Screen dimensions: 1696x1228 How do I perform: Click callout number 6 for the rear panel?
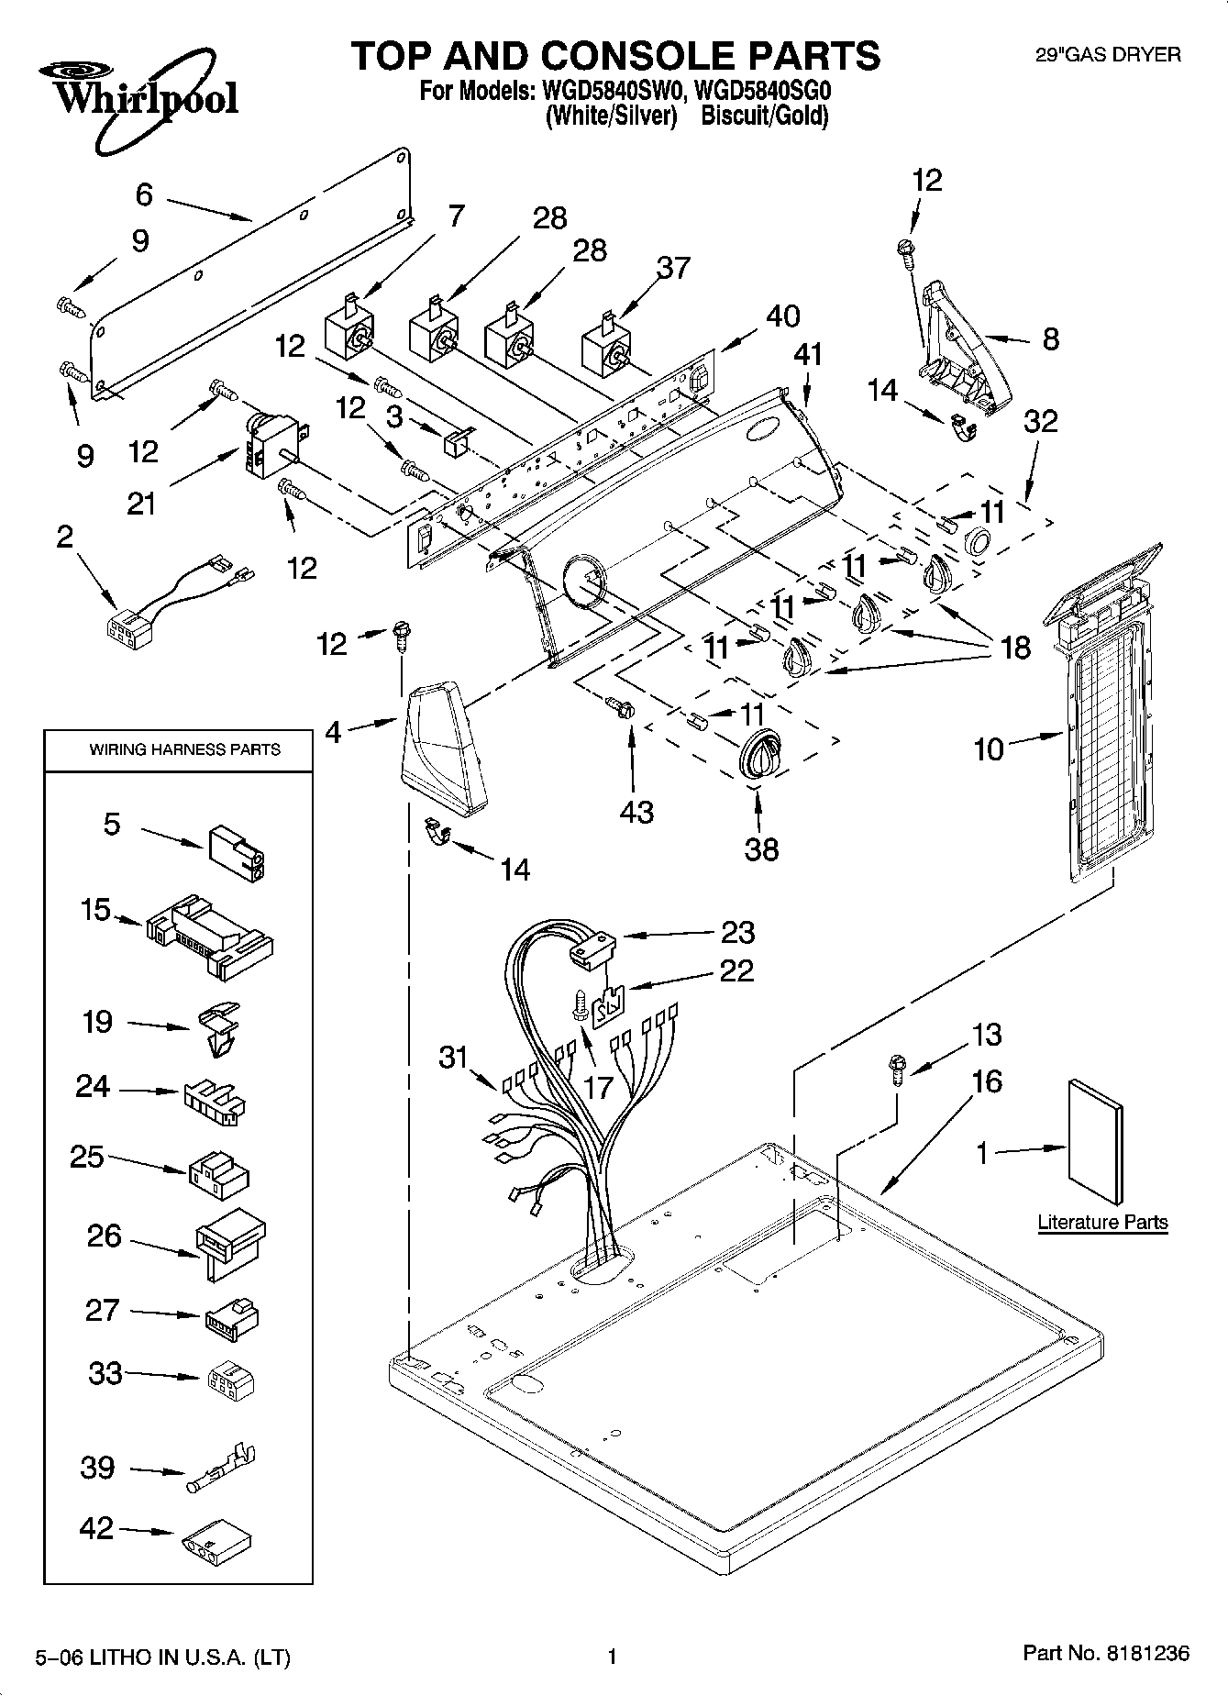pyautogui.click(x=144, y=194)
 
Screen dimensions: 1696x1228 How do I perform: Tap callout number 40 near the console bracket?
pyautogui.click(x=782, y=316)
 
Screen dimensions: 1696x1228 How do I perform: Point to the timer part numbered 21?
pyautogui.click(x=273, y=447)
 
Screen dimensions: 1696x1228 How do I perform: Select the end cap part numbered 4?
pyautogui.click(x=443, y=748)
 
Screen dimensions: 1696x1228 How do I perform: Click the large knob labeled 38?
pyautogui.click(x=760, y=758)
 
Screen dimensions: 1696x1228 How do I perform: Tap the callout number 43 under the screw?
pyautogui.click(x=636, y=811)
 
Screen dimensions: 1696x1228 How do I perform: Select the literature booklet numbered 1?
pyautogui.click(x=1095, y=1141)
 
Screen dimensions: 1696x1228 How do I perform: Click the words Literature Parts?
pyautogui.click(x=1102, y=1222)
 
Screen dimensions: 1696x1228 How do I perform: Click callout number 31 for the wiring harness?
pyautogui.click(x=453, y=1057)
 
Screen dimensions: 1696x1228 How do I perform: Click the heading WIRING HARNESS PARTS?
pyautogui.click(x=184, y=749)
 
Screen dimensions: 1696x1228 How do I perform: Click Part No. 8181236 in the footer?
pyautogui.click(x=1105, y=1655)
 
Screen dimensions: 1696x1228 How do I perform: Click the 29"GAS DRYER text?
pyautogui.click(x=1107, y=55)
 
